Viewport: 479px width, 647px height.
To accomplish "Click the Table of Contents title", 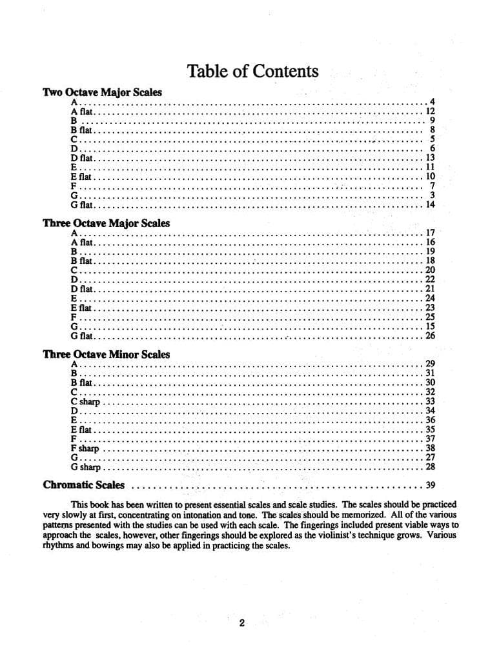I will point(252,71).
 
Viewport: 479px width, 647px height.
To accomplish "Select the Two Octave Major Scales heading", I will point(102,92).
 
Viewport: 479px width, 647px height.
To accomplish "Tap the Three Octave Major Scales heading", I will point(106,223).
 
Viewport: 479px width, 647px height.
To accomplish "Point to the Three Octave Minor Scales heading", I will point(106,354).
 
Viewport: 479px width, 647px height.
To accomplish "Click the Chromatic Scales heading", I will point(84,485).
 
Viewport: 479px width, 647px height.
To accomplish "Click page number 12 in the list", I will point(431,111).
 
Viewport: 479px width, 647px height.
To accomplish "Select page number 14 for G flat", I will point(431,204).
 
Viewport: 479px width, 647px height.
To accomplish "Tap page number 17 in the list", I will point(431,233).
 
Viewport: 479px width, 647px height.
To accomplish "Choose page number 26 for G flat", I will point(431,335).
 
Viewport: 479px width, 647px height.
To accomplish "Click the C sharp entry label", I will point(86,401).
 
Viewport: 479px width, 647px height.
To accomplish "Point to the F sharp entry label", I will point(85,448).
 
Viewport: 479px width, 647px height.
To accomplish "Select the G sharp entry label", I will point(86,467).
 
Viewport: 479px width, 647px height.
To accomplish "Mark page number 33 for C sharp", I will point(431,401).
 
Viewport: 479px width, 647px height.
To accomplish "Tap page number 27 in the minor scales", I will point(431,457).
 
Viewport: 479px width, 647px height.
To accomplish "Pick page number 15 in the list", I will point(431,326).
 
